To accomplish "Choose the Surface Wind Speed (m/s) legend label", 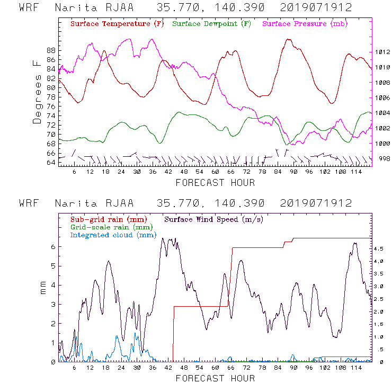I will coord(214,219).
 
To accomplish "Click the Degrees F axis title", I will coord(37,92).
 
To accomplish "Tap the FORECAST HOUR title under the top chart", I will coord(215,183).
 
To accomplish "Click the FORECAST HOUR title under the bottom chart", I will coord(215,378).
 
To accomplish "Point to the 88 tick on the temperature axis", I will coord(51,50).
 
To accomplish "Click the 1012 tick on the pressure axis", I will coord(383,52).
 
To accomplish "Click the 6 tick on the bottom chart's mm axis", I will coord(53,246).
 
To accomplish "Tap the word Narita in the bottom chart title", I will coord(74,203).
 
